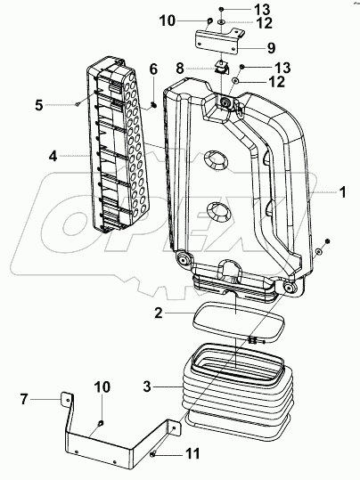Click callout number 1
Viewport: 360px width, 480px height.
point(343,192)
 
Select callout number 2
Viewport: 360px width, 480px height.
point(159,313)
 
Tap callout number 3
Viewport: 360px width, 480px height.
point(147,386)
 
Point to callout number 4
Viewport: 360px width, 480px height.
point(53,156)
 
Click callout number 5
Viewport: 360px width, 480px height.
point(39,105)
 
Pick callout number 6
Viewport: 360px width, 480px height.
point(153,69)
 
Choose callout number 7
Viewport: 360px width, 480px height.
point(24,399)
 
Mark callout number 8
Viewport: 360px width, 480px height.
point(180,68)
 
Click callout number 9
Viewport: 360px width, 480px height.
point(271,48)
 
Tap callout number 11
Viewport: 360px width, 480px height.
point(193,453)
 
